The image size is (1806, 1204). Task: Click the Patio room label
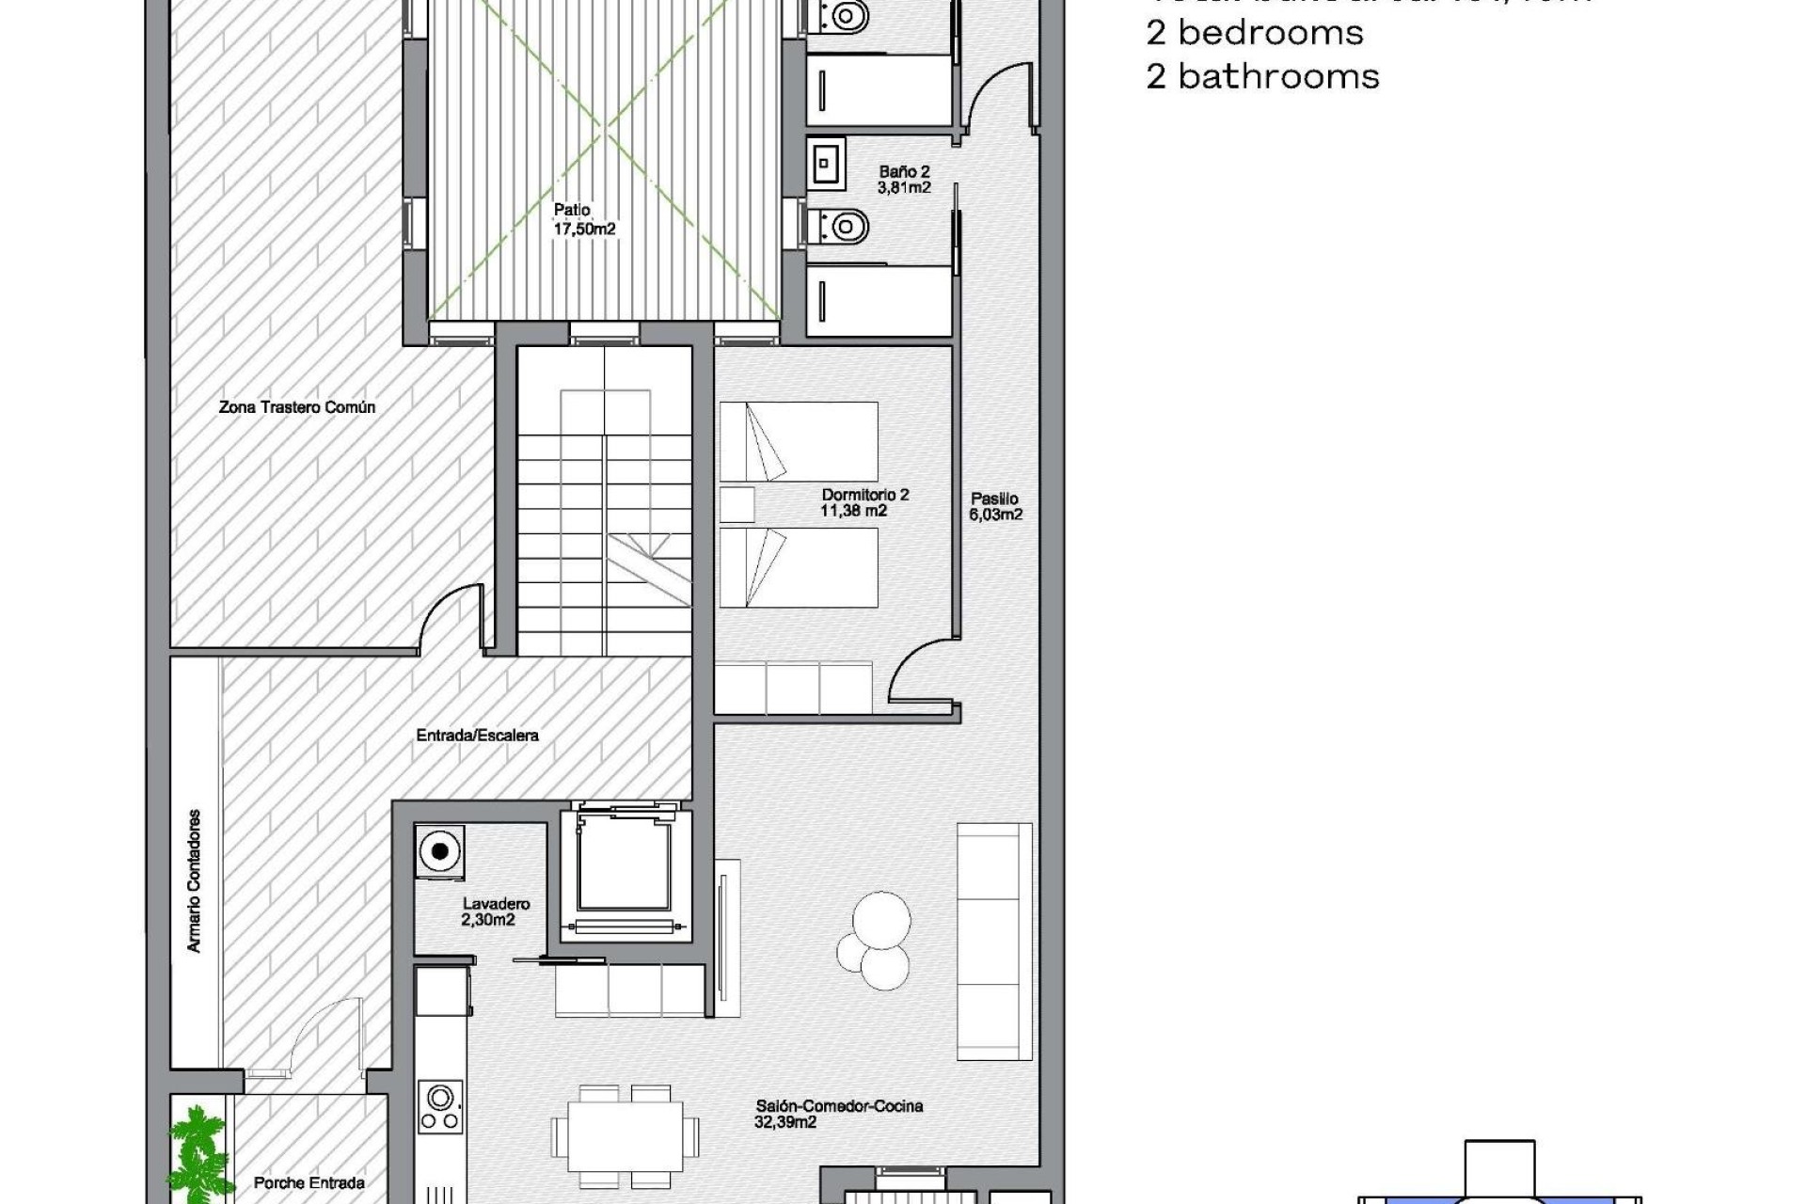coord(584,219)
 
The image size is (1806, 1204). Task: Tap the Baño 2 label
coord(904,179)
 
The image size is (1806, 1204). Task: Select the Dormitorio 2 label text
coord(864,502)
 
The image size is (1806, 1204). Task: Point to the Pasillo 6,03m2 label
coord(995,506)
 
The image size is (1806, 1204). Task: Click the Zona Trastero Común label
coord(297,407)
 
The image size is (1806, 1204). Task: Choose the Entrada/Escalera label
coord(477,735)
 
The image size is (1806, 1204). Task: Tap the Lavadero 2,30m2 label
coord(495,911)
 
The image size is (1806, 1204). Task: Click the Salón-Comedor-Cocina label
coord(838,1114)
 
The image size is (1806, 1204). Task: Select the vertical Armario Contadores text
coord(195,880)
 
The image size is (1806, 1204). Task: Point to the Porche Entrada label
coord(309,1182)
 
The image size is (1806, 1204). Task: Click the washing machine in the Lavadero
coord(439,852)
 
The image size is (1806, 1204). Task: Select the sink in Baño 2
coord(826,164)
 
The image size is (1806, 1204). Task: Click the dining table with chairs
coord(625,1135)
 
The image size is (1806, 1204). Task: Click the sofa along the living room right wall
coord(993,941)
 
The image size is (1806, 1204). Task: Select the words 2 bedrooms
coord(1254,33)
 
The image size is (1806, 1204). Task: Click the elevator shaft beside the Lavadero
coord(625,871)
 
